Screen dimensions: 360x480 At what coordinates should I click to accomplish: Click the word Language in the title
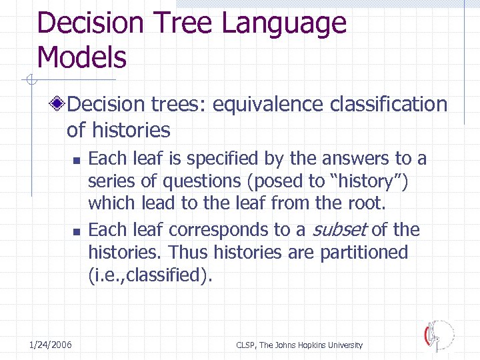(x=284, y=23)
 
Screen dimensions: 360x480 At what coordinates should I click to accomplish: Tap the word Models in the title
(x=81, y=57)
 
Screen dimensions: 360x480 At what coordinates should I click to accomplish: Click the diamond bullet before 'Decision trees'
(x=59, y=105)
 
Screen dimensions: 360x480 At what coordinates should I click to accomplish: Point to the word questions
(x=191, y=181)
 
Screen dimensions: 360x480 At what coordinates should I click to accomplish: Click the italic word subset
(x=340, y=230)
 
